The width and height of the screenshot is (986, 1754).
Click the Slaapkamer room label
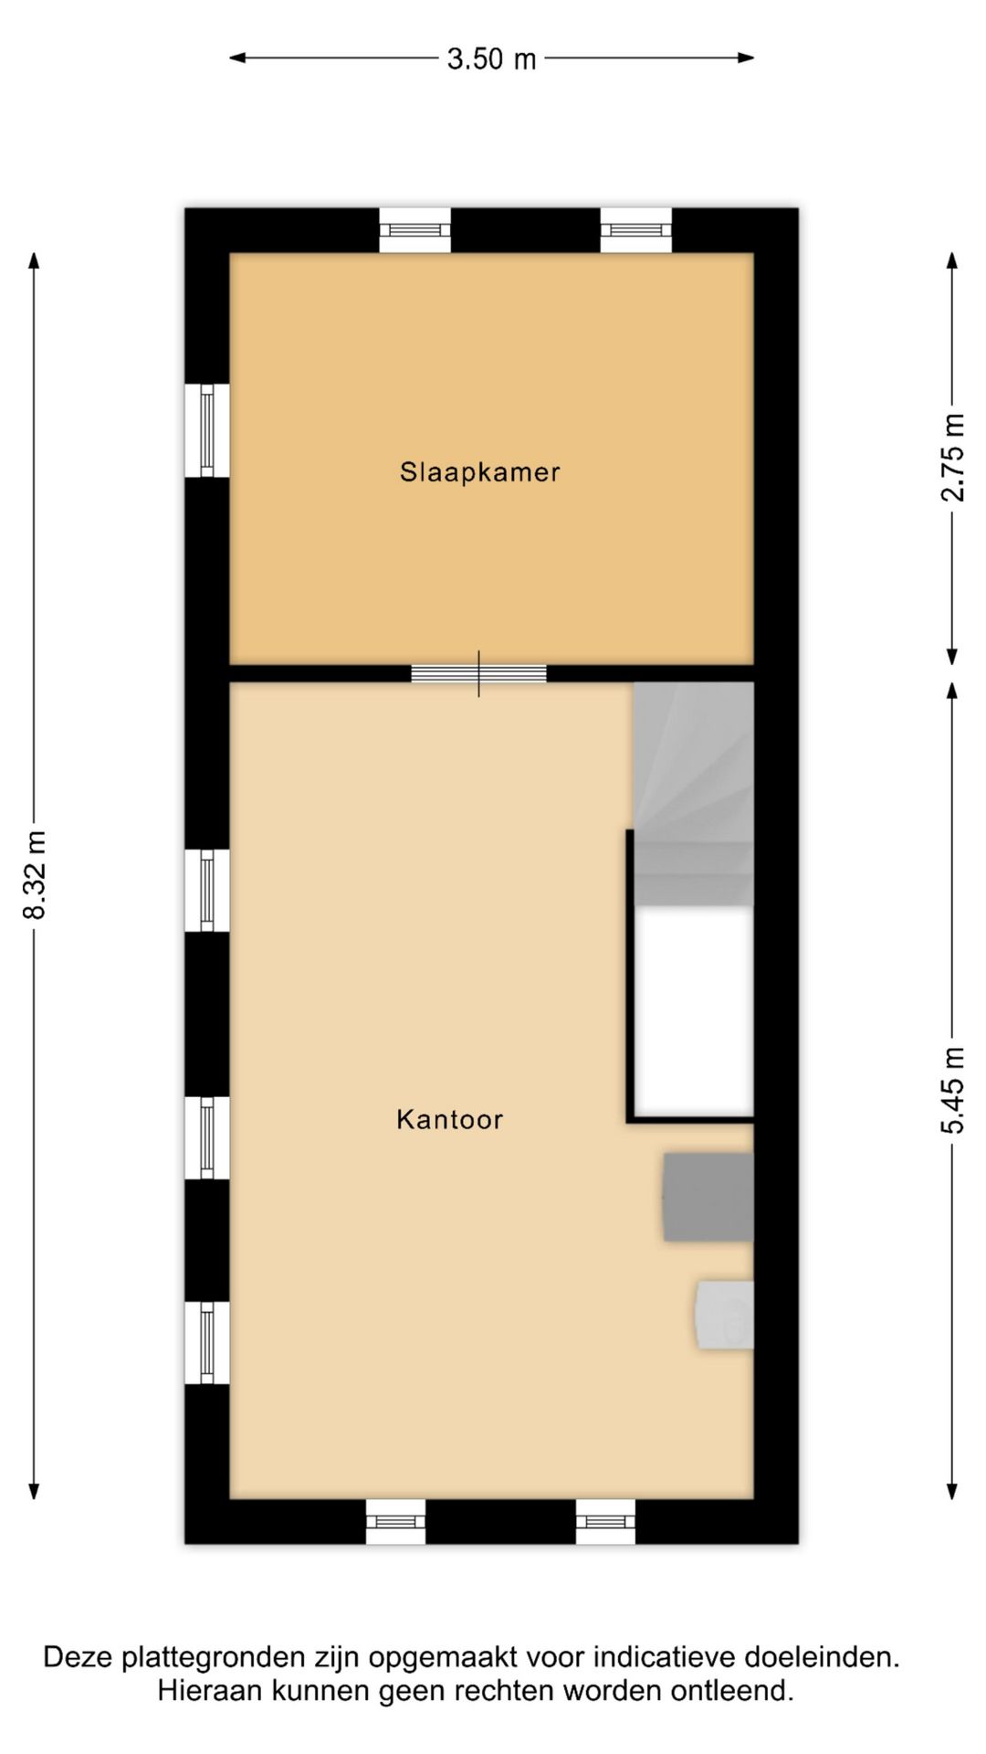coord(479,472)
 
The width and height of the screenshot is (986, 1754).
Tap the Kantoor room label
coord(449,1119)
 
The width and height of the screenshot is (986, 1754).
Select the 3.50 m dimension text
coord(491,59)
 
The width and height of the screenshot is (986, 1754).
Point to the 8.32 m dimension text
coord(35,874)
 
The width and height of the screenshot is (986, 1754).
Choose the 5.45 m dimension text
coord(952,1090)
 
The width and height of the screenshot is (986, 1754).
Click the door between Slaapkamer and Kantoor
coord(478,674)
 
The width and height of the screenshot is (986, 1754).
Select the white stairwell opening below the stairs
coord(694,1011)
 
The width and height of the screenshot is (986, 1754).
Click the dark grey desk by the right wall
coord(708,1197)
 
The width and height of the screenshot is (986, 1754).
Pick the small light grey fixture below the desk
coord(725,1315)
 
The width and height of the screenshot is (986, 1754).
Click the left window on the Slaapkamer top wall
coord(415,230)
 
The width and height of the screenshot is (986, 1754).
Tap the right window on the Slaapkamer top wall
coord(636,230)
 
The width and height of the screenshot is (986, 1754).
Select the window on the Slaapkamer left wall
coord(207,430)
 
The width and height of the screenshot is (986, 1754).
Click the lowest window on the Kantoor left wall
coord(207,1342)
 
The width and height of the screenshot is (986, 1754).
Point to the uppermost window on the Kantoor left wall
coord(207,890)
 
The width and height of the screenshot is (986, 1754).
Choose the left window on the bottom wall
coord(395,1522)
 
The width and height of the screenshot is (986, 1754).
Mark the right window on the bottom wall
coord(606,1522)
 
